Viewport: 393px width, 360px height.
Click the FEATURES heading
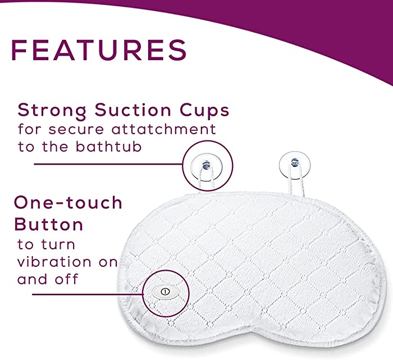pyautogui.click(x=99, y=49)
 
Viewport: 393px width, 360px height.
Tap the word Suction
pyautogui.click(x=133, y=110)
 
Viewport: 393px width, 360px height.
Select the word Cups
pyautogui.click(x=204, y=111)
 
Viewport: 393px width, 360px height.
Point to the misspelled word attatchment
pyautogui.click(x=164, y=129)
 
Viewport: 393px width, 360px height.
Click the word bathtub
pyautogui.click(x=109, y=147)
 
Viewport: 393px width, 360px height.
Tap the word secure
pyautogui.click(x=76, y=130)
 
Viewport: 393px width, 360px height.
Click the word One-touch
pyautogui.click(x=68, y=203)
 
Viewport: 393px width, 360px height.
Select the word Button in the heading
pyautogui.click(x=49, y=224)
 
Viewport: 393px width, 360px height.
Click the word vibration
pyautogui.click(x=54, y=262)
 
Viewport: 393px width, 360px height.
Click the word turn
pyautogui.click(x=58, y=245)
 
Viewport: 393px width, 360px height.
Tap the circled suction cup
pyautogui.click(x=207, y=167)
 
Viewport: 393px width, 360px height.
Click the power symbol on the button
pyautogui.click(x=165, y=291)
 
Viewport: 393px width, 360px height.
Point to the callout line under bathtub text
pyautogui.click(x=108, y=165)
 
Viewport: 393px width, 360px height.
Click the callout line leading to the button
pyautogui.click(x=88, y=294)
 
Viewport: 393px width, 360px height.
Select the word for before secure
pyautogui.click(x=30, y=129)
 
